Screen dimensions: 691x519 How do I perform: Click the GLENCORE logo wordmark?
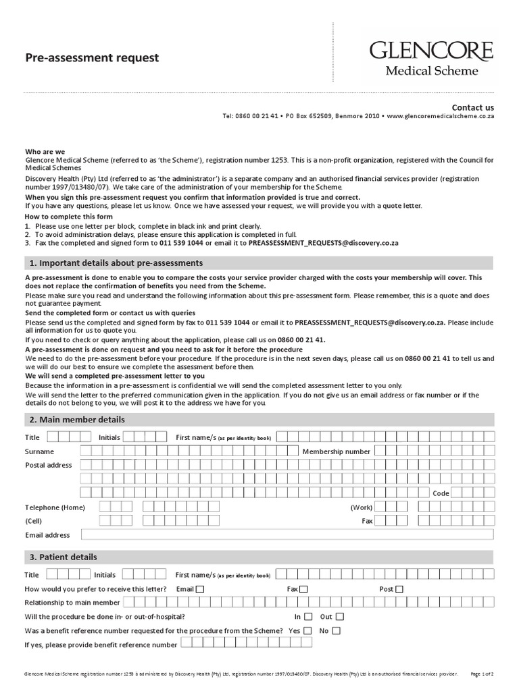431,51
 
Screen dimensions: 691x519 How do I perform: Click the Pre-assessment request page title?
92,58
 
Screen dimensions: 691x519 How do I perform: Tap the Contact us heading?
473,107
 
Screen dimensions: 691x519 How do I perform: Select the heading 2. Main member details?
76,420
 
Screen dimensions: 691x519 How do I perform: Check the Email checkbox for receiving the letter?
199,589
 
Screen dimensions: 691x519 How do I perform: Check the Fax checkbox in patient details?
303,589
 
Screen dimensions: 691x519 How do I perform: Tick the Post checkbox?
399,589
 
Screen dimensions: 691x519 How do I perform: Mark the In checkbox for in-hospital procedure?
308,617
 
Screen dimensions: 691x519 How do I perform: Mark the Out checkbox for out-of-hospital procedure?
339,617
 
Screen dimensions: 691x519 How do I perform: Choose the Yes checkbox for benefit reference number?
307,631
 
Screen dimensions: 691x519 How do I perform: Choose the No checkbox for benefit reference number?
336,631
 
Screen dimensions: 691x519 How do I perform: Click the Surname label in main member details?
40,451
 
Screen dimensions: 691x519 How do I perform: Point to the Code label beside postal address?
441,493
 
